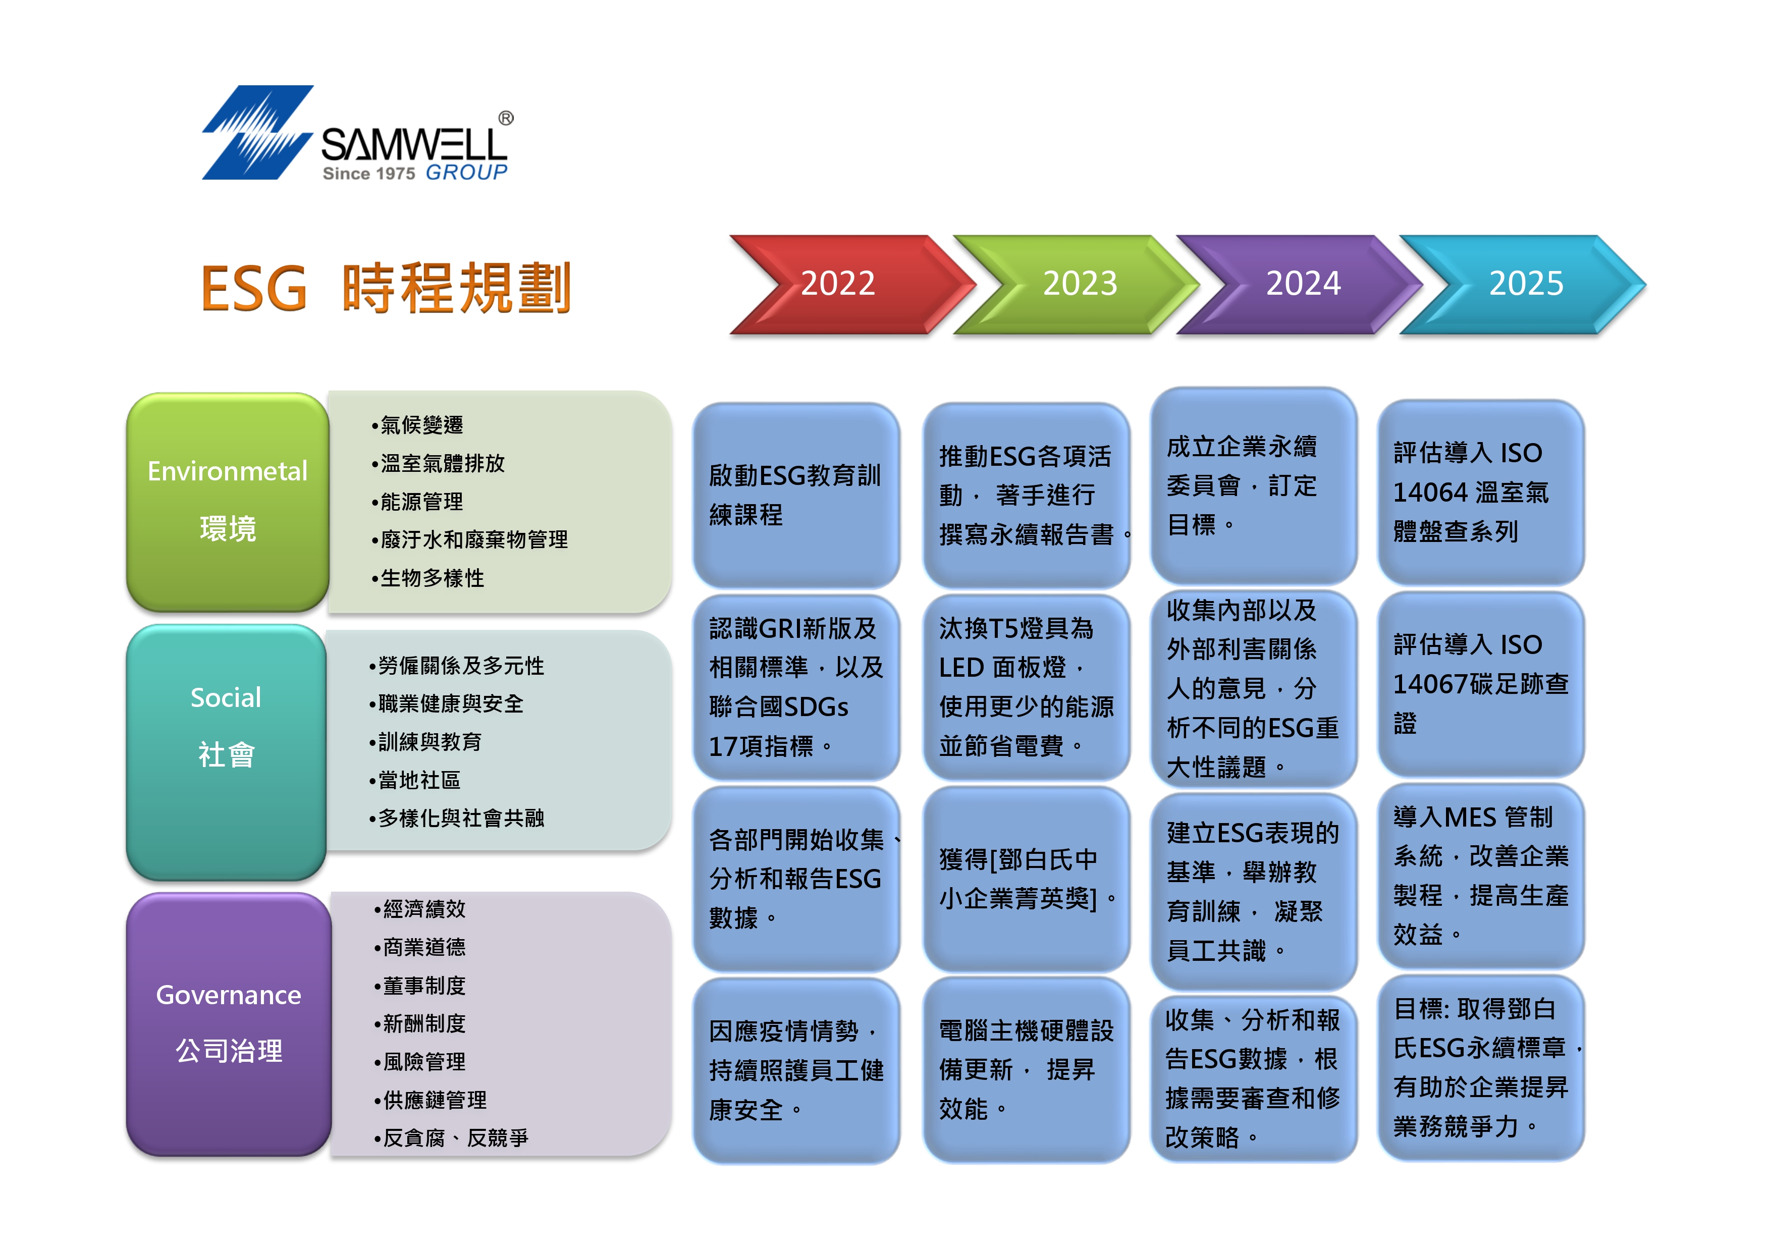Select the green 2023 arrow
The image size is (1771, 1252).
(x=1076, y=284)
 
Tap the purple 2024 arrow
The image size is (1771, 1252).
(x=1300, y=284)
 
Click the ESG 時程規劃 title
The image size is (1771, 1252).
(x=386, y=288)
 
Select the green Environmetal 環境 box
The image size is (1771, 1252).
(x=228, y=502)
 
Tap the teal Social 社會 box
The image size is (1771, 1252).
(x=226, y=751)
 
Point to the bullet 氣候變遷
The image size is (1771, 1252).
(x=417, y=425)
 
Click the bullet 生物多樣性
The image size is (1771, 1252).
(x=427, y=578)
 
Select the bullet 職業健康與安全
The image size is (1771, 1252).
(x=446, y=703)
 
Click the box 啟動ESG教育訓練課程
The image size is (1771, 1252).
(x=796, y=495)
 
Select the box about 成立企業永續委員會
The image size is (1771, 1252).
(x=1254, y=485)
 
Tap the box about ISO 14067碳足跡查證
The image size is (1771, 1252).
(x=1481, y=683)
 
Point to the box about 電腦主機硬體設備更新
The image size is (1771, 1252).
(x=1027, y=1070)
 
